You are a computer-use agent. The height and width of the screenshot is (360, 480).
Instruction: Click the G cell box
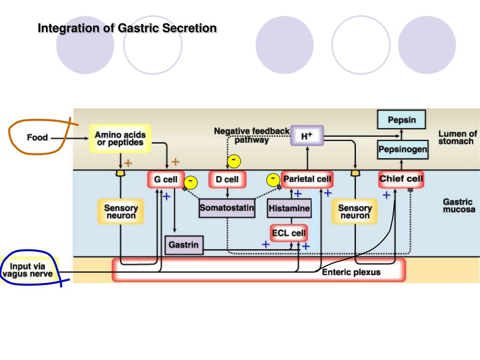click(166, 179)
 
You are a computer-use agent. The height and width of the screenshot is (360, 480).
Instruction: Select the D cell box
click(227, 180)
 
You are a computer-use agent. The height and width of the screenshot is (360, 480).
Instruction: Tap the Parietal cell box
click(307, 179)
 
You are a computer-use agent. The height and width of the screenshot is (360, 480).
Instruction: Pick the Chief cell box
click(401, 179)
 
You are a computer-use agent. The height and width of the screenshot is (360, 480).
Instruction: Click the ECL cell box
click(289, 233)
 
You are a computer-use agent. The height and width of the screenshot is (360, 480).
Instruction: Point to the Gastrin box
click(184, 245)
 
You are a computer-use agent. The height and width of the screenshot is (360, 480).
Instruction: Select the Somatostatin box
click(227, 208)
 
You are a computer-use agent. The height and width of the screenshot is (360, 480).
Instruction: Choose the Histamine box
click(289, 208)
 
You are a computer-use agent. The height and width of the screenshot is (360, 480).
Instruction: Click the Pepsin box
click(402, 120)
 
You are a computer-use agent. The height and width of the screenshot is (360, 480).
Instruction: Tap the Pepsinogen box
click(403, 150)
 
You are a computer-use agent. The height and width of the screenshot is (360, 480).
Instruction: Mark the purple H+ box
click(307, 135)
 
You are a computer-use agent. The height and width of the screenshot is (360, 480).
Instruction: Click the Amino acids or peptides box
click(120, 138)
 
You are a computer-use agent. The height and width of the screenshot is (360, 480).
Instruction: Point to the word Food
click(37, 137)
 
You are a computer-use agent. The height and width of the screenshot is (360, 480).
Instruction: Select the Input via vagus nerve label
click(28, 270)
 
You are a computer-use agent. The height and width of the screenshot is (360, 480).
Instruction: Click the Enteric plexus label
click(351, 272)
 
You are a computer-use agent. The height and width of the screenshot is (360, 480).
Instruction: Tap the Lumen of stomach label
click(457, 137)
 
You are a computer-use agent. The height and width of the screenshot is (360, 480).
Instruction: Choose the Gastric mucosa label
click(459, 206)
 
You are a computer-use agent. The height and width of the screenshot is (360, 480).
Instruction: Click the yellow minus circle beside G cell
click(191, 183)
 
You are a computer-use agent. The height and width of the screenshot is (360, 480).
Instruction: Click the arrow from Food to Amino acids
click(69, 138)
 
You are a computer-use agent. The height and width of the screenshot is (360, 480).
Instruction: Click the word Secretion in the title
click(189, 28)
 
